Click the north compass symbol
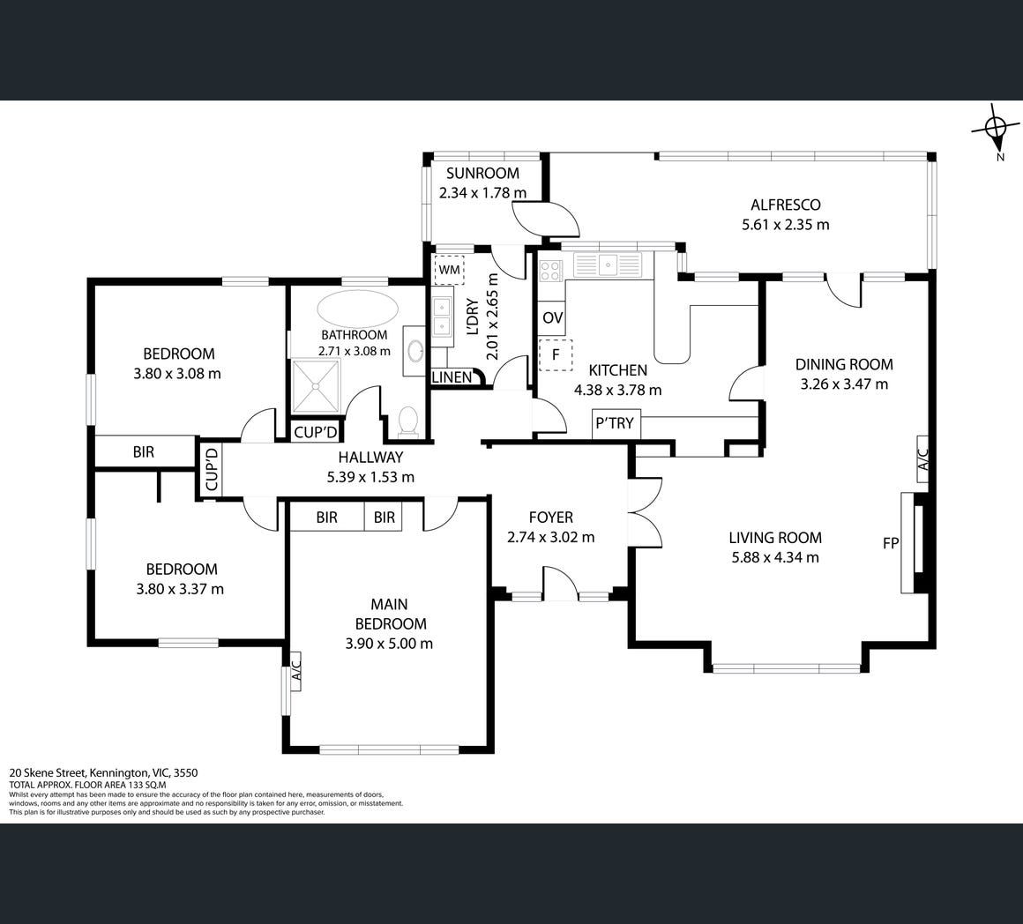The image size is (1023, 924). point(996,129)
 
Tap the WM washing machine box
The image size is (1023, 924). point(449,269)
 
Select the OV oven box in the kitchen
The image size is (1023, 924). point(553,318)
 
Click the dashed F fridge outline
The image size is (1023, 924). point(556,354)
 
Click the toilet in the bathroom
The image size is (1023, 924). point(407,421)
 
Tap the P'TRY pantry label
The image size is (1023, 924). point(615,423)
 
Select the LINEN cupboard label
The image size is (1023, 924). point(452,376)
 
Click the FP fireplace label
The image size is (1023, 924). point(891,542)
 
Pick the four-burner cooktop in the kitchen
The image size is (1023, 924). point(551,270)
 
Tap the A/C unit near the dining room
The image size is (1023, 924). point(922,459)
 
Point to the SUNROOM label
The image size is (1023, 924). point(482,174)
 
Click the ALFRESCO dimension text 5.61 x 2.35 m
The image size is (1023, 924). point(786,225)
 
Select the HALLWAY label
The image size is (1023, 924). point(370,457)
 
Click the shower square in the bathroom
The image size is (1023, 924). point(316,386)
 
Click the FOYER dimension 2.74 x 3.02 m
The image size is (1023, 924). point(550,537)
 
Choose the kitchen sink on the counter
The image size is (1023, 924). point(608,265)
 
